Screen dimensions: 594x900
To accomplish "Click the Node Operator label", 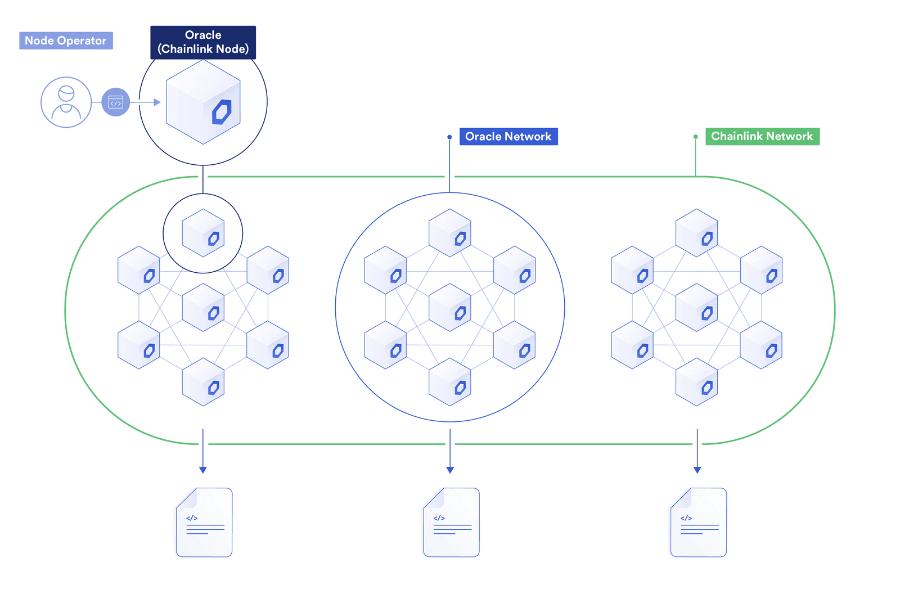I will coord(66,40).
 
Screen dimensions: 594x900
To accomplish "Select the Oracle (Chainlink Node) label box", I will coord(203,42).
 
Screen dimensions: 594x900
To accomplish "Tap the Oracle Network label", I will coord(508,137).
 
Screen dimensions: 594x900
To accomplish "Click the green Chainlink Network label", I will coord(762,136).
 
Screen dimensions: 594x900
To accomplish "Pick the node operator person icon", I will coord(66,102).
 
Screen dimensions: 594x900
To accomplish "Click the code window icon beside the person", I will coord(116,102).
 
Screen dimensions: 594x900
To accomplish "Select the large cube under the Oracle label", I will coord(203,102).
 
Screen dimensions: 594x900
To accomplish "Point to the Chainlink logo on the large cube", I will coord(222,112).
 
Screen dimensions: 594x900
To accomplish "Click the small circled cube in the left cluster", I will coord(203,233).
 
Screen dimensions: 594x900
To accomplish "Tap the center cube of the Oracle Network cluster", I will coord(450,307).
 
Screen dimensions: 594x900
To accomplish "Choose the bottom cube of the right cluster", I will coord(696,382).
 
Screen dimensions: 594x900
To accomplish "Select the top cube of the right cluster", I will coord(696,233).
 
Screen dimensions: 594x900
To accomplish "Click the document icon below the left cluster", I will coord(204,523).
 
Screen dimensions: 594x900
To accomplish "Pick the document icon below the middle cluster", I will coord(451,523).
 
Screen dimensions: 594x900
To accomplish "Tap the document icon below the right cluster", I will coord(698,523).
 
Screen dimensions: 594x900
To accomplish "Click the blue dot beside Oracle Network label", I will coord(449,137).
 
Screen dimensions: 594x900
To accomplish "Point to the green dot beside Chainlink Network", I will coord(696,137).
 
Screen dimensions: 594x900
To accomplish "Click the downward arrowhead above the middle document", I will coord(450,470).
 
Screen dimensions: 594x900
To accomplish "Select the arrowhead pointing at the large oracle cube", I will coord(157,102).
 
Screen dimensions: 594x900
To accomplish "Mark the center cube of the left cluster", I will coord(203,307).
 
